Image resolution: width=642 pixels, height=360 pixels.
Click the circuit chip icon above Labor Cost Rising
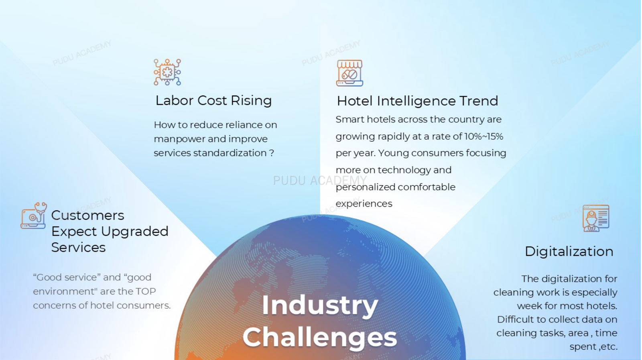point(167,72)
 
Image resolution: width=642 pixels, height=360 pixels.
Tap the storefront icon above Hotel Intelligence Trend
point(349,73)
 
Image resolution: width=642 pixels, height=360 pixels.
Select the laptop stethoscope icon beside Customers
point(34,216)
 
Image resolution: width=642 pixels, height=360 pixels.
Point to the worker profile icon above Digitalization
point(596,218)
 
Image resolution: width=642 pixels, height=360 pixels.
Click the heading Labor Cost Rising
point(213,100)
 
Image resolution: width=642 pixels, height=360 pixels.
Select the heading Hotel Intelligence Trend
point(417,101)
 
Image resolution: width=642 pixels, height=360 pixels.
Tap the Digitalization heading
point(569,252)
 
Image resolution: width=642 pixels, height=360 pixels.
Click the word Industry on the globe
point(320,305)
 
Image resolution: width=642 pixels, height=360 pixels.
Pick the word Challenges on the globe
point(320,337)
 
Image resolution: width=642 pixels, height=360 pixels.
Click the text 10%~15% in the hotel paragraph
point(484,136)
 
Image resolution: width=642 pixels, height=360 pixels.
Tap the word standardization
point(230,153)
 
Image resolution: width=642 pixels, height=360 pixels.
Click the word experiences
point(364,204)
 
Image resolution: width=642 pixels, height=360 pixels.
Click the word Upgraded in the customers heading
point(135,232)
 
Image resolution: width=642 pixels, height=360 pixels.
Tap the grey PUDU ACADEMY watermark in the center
point(320,181)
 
